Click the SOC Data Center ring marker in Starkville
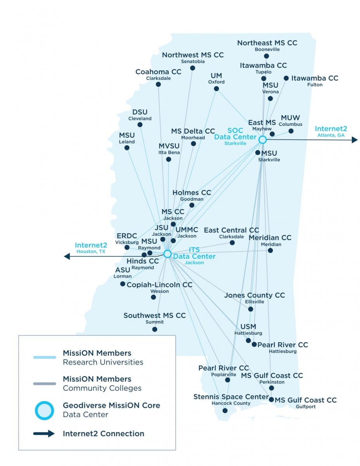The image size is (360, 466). (x=262, y=140)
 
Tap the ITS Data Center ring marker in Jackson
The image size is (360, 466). (x=168, y=254)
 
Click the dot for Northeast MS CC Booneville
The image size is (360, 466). (x=266, y=56)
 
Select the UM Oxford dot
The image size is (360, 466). (x=216, y=89)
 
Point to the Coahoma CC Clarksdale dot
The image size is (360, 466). (x=158, y=84)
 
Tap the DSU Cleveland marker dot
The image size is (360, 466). (x=140, y=125)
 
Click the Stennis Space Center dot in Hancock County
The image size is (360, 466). (x=225, y=410)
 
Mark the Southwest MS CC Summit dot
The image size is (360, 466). (x=155, y=329)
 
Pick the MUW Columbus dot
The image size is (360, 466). (x=291, y=131)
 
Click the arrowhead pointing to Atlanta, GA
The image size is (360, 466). (x=355, y=140)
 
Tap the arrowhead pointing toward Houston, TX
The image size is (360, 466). (x=67, y=256)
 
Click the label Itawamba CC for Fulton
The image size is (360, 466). (x=315, y=78)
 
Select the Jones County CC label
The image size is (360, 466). (x=254, y=295)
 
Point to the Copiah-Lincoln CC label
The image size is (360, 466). (x=159, y=285)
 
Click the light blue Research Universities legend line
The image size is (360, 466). (x=45, y=357)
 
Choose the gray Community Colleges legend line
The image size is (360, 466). (x=45, y=384)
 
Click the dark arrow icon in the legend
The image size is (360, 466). (x=44, y=433)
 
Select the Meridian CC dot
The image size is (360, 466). (x=270, y=250)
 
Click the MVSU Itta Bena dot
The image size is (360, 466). (x=168, y=159)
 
